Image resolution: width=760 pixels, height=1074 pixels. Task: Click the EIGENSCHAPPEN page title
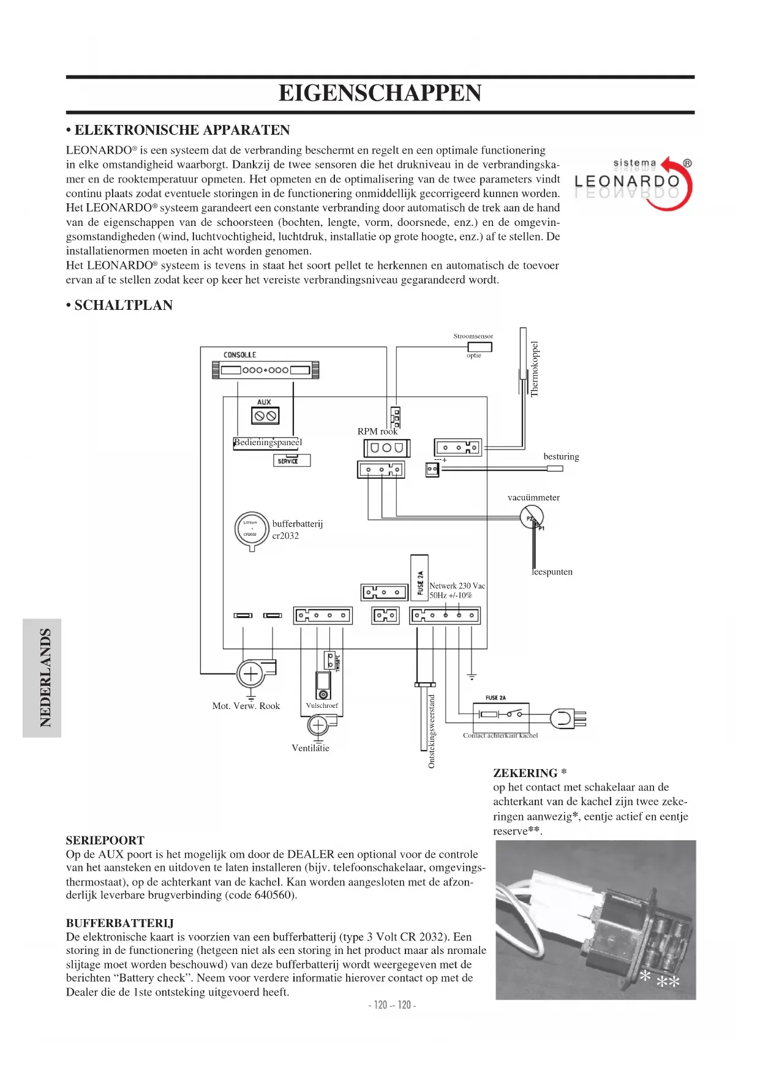tap(380, 94)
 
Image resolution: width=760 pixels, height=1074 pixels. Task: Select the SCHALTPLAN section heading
tap(119, 305)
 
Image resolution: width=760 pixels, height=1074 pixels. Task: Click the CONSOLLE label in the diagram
tap(239, 355)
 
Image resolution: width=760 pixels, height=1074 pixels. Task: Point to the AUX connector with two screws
tap(265, 416)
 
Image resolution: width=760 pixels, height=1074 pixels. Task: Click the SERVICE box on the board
tap(292, 460)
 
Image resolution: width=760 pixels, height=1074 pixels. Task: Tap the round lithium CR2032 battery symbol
tap(252, 528)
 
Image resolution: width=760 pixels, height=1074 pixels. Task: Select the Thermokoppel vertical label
tap(535, 369)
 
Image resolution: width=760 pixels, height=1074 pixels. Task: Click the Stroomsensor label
tap(473, 336)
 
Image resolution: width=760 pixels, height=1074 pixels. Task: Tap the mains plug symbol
tap(566, 718)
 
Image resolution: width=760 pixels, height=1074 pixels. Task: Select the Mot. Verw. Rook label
tap(246, 706)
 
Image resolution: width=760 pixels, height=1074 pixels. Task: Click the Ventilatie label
tap(310, 748)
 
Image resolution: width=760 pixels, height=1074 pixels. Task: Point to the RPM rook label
tap(377, 432)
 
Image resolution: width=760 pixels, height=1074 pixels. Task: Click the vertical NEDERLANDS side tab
tap(43, 678)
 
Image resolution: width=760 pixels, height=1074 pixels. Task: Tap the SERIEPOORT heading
tap(105, 840)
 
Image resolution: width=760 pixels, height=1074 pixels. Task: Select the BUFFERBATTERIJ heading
tap(120, 923)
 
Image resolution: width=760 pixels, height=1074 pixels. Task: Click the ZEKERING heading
tap(530, 773)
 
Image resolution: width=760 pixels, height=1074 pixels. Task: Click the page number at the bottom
tap(392, 1005)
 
